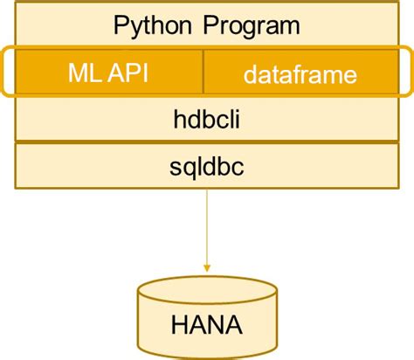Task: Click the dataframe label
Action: (300, 74)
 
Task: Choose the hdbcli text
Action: (207, 120)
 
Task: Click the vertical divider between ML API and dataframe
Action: (204, 72)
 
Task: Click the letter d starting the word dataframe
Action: (250, 74)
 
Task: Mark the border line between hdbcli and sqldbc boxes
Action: (207, 142)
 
